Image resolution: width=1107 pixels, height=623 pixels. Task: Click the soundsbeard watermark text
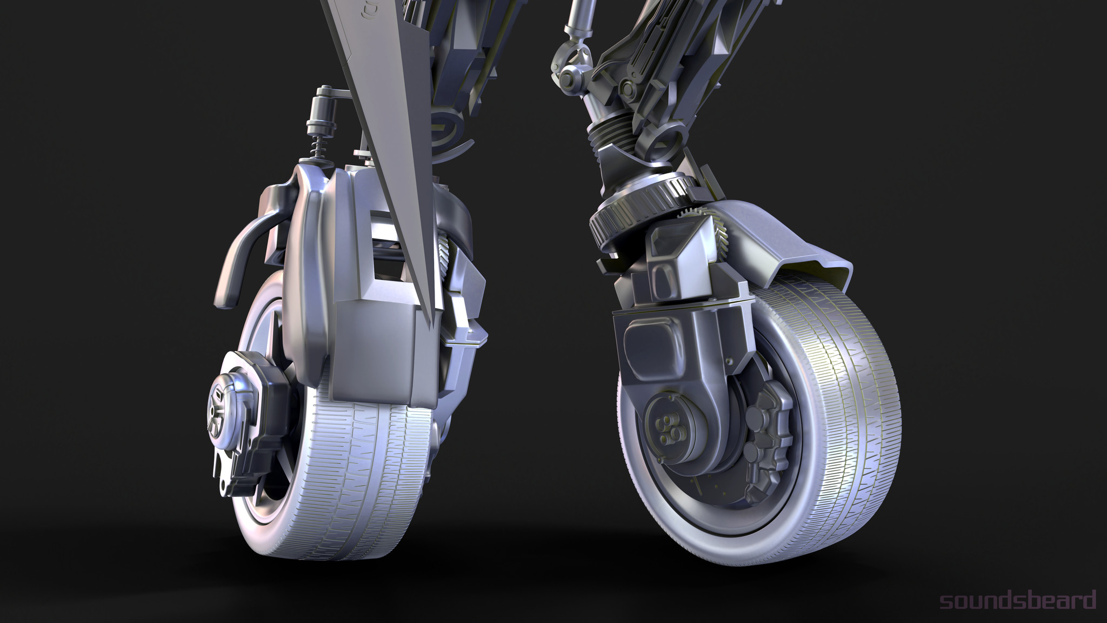click(x=1018, y=600)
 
